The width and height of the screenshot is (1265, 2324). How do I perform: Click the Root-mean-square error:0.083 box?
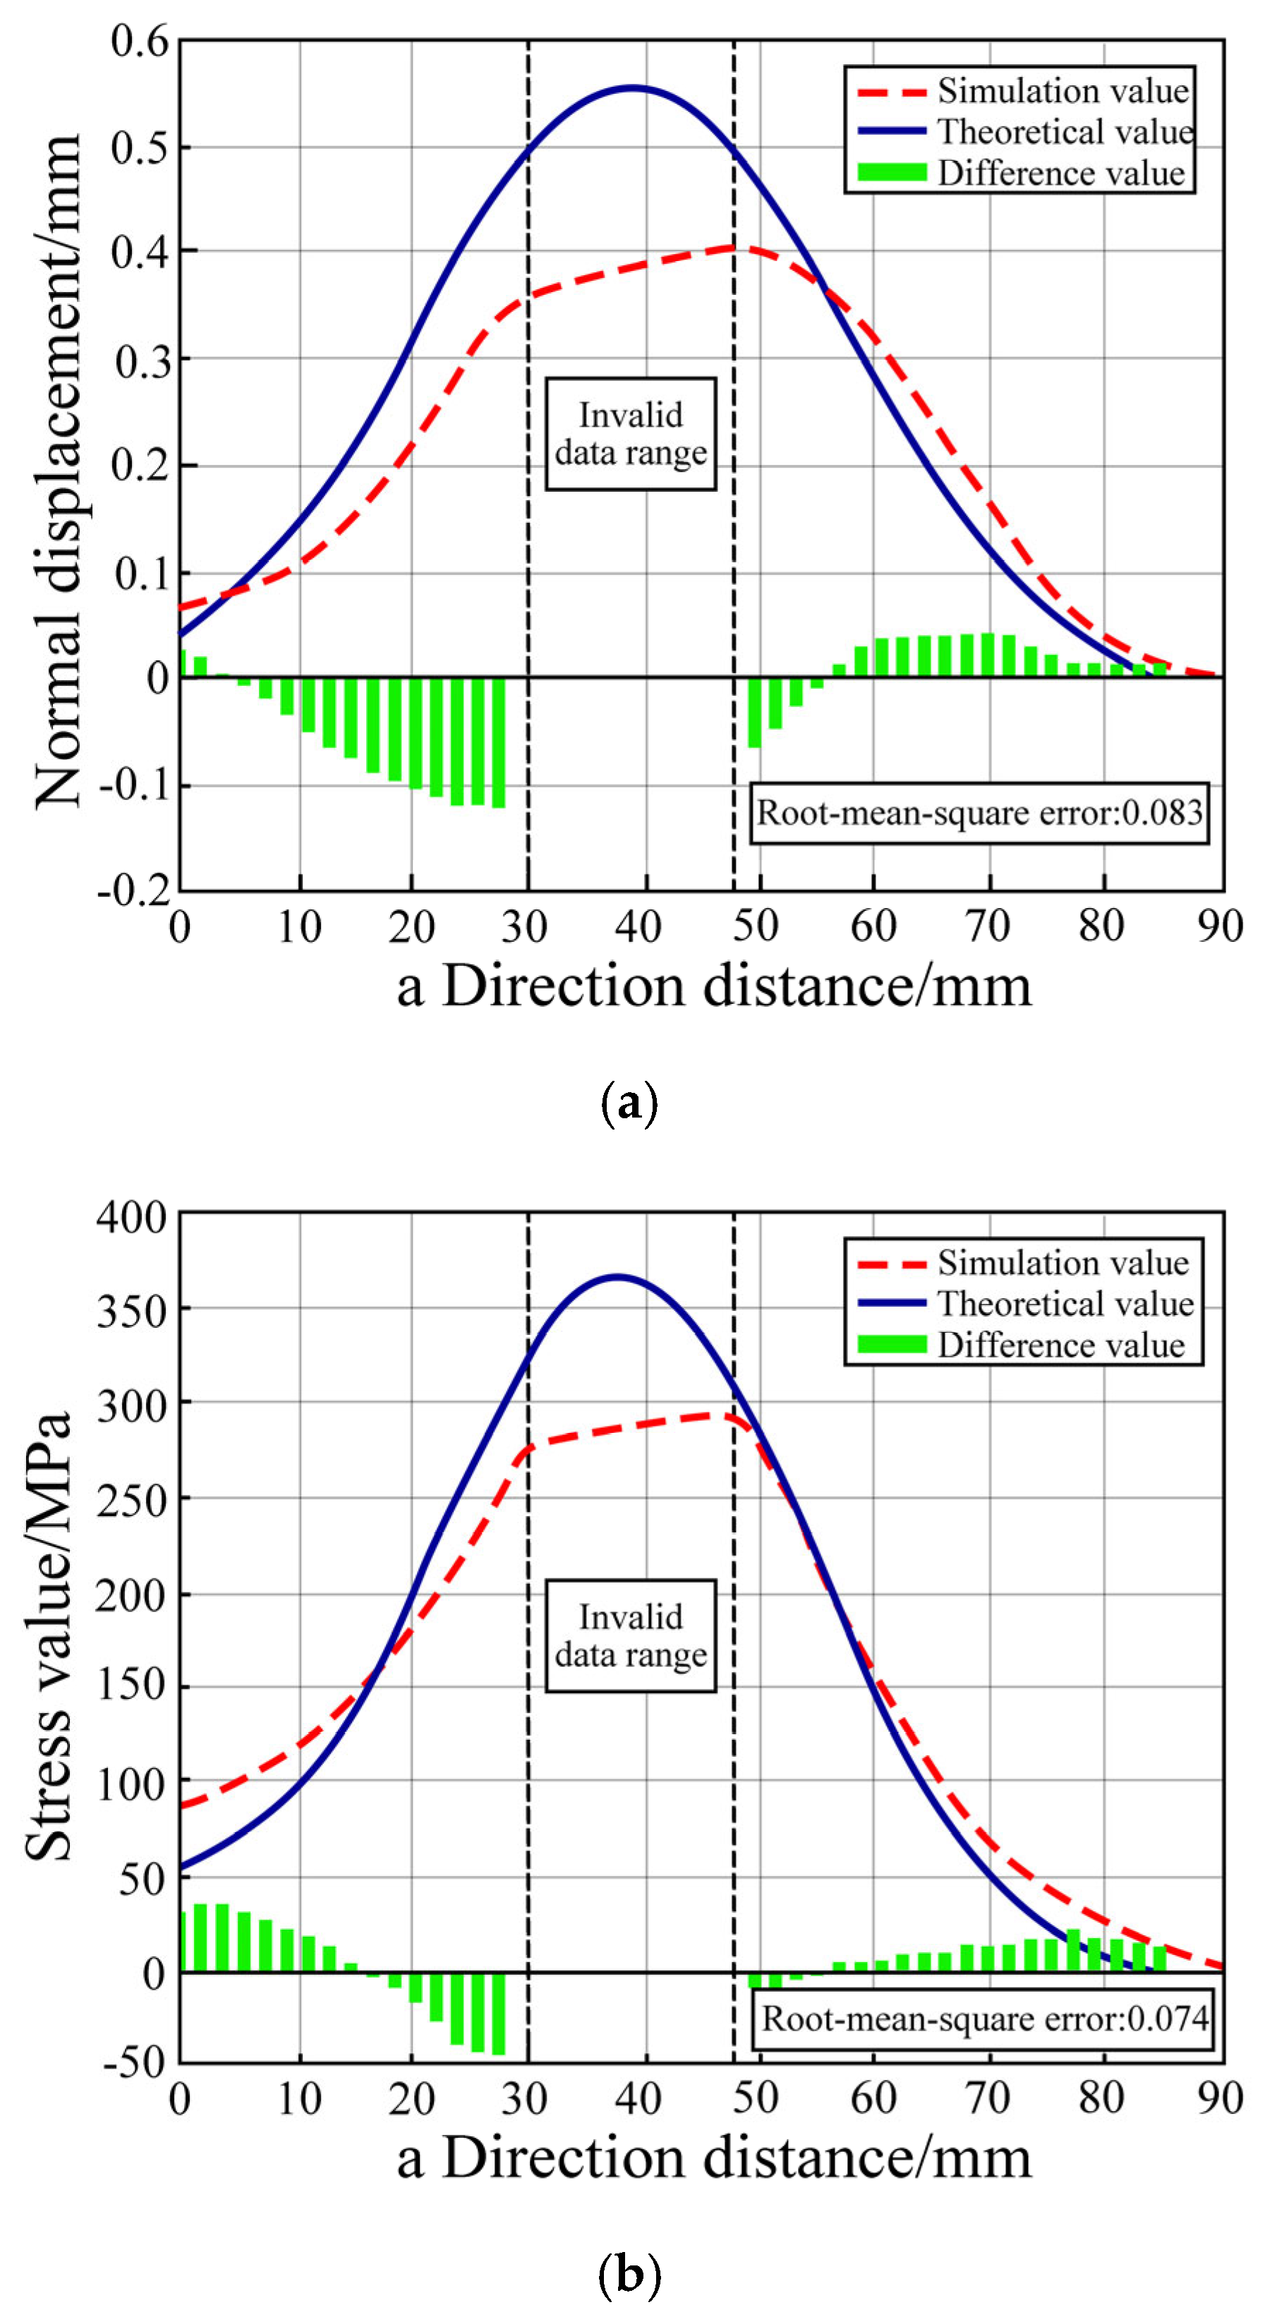pyautogui.click(x=979, y=813)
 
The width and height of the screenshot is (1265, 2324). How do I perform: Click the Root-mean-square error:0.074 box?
pyautogui.click(x=983, y=2019)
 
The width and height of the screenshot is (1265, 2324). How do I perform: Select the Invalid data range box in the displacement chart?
pyautogui.click(x=631, y=434)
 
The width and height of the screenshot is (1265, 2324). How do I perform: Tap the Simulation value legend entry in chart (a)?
pyautogui.click(x=1024, y=91)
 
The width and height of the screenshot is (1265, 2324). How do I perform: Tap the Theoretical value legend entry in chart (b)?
pyautogui.click(x=1024, y=1304)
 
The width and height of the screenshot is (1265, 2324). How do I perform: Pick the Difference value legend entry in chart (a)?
pyautogui.click(x=1024, y=172)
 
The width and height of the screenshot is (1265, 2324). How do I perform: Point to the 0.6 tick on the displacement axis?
pyautogui.click(x=140, y=42)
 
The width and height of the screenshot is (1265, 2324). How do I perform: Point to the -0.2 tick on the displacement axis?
pyautogui.click(x=135, y=890)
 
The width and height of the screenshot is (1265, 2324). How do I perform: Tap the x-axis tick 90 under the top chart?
pyautogui.click(x=1220, y=926)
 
